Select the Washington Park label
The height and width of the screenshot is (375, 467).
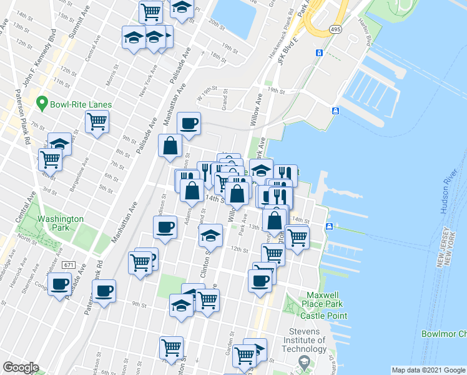(x=60, y=223)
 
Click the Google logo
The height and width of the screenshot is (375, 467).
(x=21, y=367)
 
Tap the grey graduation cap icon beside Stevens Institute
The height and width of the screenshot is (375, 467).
(x=304, y=361)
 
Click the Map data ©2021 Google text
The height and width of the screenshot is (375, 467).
(x=428, y=370)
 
